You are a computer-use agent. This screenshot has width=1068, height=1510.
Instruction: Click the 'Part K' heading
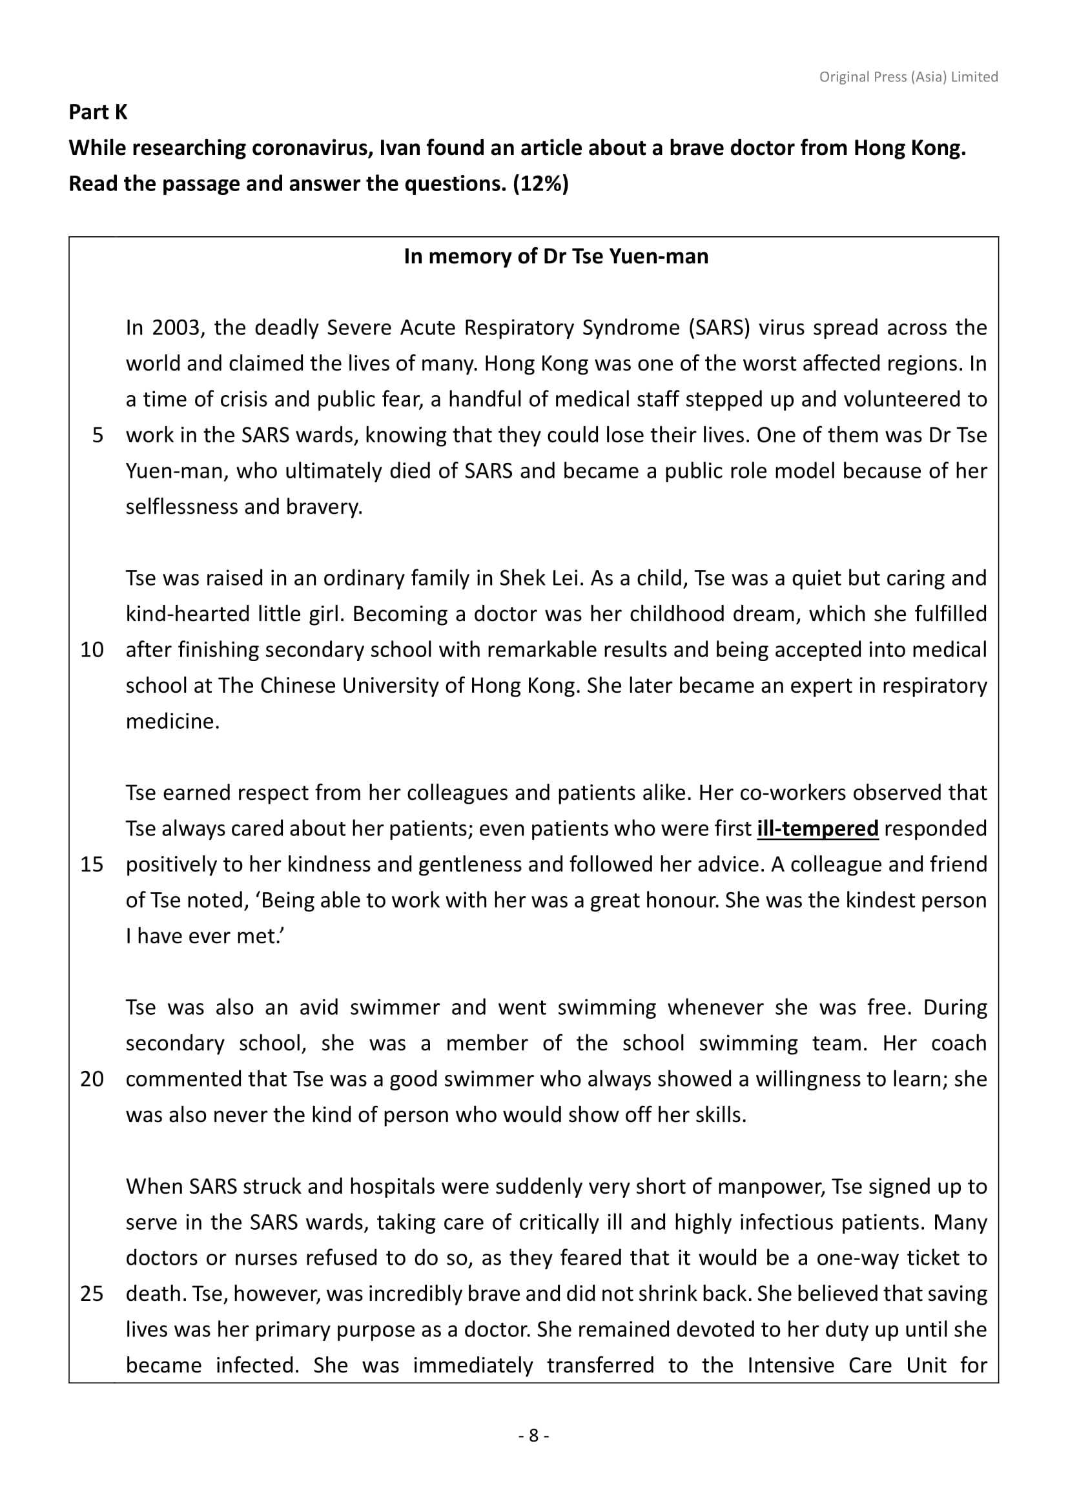click(x=98, y=112)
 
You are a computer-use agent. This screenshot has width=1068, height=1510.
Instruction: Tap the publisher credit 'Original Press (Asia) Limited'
click(x=909, y=77)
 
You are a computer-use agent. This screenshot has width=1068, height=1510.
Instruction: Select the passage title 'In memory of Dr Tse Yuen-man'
click(x=556, y=256)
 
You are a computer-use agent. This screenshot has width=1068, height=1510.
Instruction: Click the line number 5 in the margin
click(x=98, y=435)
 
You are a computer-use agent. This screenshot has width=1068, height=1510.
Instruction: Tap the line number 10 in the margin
click(x=92, y=651)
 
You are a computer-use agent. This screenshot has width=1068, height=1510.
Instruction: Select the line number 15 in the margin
click(x=92, y=865)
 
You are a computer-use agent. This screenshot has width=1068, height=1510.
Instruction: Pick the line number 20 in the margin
click(x=92, y=1079)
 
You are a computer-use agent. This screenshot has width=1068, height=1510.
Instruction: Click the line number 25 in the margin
click(x=92, y=1294)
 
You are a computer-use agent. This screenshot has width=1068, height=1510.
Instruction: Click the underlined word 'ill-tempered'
click(x=817, y=829)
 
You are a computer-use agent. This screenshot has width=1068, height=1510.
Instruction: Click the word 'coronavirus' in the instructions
click(x=311, y=148)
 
